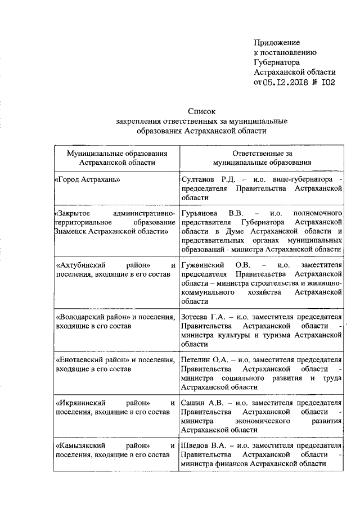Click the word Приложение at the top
(x=277, y=42)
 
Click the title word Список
(x=201, y=111)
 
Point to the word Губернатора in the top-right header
(x=276, y=62)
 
